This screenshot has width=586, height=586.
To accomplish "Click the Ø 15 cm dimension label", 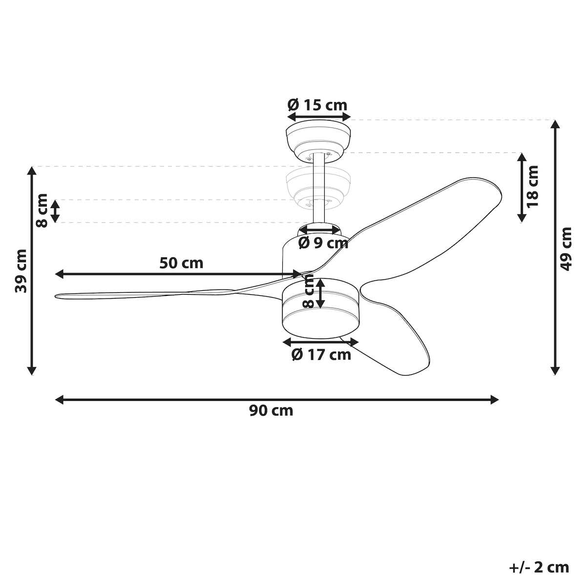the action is [317, 105].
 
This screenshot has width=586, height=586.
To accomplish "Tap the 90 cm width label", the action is [271, 411].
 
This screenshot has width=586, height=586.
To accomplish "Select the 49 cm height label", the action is [565, 249].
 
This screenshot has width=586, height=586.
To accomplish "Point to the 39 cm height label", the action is [21, 271].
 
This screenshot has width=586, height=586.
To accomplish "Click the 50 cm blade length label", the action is [181, 263].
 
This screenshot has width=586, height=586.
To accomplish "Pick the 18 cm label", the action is [532, 187].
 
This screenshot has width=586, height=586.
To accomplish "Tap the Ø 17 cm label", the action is [321, 355].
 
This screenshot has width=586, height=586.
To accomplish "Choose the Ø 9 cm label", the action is [323, 243].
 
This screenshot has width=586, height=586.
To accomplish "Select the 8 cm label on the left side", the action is [42, 210].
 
